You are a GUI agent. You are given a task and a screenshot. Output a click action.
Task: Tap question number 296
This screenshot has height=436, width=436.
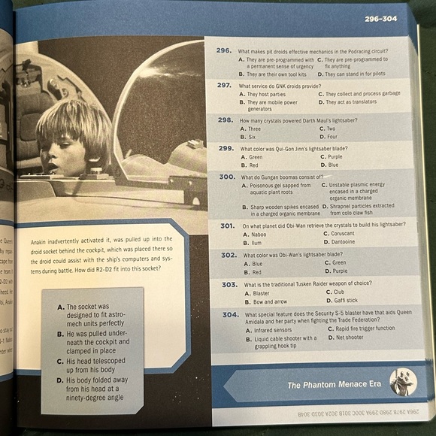[x=223, y=50]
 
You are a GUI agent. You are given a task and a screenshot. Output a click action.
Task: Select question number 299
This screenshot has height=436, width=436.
[x=226, y=149]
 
